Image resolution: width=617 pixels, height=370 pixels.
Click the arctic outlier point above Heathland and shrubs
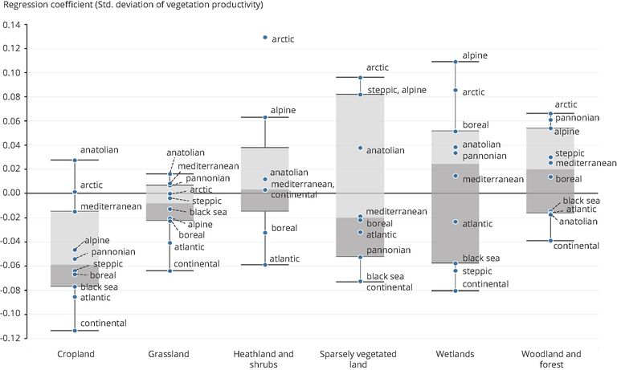tap(265, 38)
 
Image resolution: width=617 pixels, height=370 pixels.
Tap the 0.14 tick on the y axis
tap(14, 25)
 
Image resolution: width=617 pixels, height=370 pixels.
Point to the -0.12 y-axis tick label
tap(12, 338)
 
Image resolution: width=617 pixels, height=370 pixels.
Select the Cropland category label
tap(76, 354)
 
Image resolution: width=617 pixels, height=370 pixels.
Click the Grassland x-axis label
tap(170, 354)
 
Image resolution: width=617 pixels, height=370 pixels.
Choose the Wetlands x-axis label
tap(456, 354)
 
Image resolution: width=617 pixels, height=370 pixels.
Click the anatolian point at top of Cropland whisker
tap(75, 161)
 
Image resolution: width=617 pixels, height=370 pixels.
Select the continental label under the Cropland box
tap(104, 323)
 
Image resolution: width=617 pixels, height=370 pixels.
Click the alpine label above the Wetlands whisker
tap(476, 55)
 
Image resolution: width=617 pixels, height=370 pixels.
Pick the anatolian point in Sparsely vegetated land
tap(360, 148)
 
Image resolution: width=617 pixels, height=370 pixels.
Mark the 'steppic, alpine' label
tap(396, 90)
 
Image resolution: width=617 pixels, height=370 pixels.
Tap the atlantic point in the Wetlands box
tap(456, 222)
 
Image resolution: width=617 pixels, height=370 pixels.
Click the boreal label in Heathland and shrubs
tap(284, 229)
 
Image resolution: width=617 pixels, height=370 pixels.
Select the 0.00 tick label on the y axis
tap(14, 193)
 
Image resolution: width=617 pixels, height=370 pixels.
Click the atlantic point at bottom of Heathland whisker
tap(265, 264)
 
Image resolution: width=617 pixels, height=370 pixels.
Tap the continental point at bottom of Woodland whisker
tap(550, 240)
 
